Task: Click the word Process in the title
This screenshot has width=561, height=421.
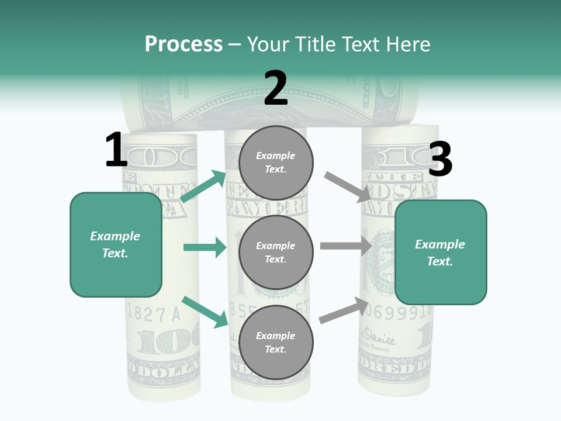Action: click(183, 44)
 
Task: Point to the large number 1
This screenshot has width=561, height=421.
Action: click(116, 150)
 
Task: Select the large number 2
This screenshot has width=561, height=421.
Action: click(276, 89)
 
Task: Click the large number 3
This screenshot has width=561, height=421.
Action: click(440, 160)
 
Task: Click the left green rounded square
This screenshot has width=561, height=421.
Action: click(116, 244)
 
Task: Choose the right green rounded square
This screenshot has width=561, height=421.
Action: click(441, 253)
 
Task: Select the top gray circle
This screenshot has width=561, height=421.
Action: click(276, 163)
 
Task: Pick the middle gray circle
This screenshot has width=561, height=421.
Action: click(276, 253)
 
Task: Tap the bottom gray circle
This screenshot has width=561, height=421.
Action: click(276, 342)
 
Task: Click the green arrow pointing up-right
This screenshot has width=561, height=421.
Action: click(203, 187)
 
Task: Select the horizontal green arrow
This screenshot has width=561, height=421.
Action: click(205, 247)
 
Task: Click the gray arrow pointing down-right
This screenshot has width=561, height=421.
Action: click(348, 187)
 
